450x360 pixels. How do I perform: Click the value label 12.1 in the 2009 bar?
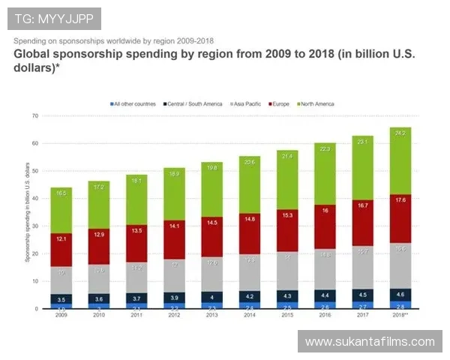pos(61,238)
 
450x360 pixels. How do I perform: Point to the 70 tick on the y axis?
pos(34,115)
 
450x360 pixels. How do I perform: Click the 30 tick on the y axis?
pos(34,226)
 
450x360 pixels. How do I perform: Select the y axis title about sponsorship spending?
pos(27,211)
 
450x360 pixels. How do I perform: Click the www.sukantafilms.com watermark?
pos(369,342)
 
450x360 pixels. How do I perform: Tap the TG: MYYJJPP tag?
pos(53,18)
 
